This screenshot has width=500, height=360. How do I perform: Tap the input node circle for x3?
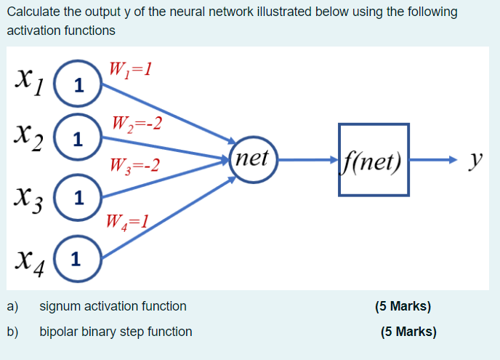(x=79, y=197)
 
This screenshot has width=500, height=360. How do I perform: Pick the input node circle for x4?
(x=79, y=258)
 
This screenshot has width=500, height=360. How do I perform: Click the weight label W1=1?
(x=130, y=70)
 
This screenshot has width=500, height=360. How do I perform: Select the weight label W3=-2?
(x=133, y=166)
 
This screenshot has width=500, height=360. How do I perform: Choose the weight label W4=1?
(x=129, y=220)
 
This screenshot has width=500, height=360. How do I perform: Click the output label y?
(x=475, y=159)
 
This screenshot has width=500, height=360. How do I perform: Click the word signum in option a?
(x=60, y=306)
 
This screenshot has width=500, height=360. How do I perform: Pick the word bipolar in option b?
(x=58, y=332)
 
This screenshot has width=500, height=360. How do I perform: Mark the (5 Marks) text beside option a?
(x=403, y=306)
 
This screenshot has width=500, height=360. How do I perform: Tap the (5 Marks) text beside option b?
(x=408, y=332)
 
